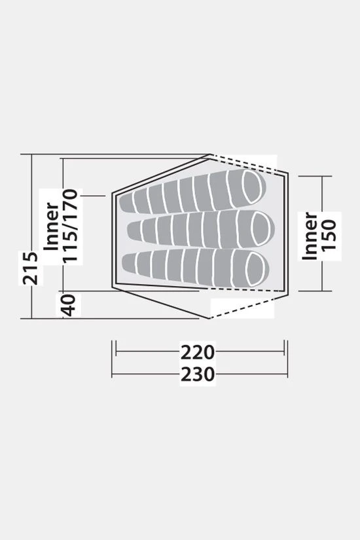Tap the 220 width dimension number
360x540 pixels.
pos(198,352)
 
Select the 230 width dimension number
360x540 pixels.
pos(198,374)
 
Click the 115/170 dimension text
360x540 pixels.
pos(71,226)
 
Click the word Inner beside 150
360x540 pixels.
pos(311,236)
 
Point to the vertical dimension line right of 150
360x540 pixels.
pos(323,196)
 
